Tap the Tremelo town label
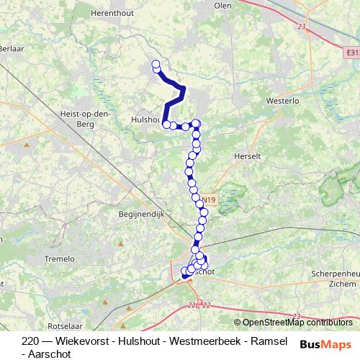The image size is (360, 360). [60, 258]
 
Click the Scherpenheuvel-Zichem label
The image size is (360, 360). [335, 279]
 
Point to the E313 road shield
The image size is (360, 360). [351, 53]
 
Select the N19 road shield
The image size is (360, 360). [208, 199]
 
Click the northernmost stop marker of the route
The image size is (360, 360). [156, 65]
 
